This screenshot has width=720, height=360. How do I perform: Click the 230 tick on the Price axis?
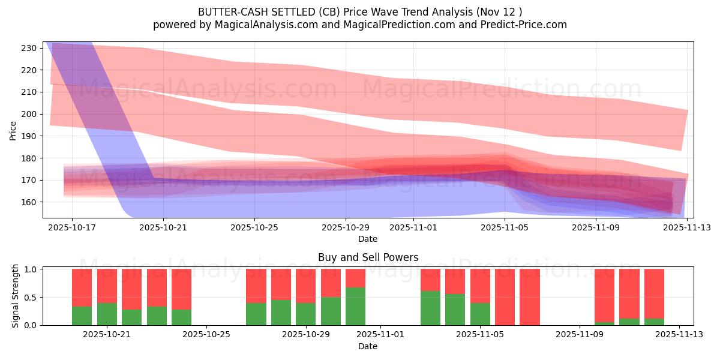coord(31,48)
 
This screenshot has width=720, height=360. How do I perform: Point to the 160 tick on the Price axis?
coord(31,202)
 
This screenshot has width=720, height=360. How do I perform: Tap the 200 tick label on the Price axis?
coord(31,114)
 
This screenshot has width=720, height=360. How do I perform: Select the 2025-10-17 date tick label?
coord(72,227)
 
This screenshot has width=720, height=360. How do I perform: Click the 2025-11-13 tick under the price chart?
coord(686,227)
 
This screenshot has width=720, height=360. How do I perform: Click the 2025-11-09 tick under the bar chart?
coord(580,335)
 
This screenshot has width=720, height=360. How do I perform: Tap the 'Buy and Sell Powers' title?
coord(368,257)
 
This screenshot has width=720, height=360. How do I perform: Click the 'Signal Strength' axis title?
coord(16,296)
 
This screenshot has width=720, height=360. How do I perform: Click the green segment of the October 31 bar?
coord(355,307)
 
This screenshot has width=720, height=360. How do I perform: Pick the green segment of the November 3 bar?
coord(430,308)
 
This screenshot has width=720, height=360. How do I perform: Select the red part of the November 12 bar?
coord(654,293)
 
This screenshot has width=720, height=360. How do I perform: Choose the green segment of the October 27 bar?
coord(256,314)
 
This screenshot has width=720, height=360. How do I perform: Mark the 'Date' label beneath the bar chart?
coord(368,346)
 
